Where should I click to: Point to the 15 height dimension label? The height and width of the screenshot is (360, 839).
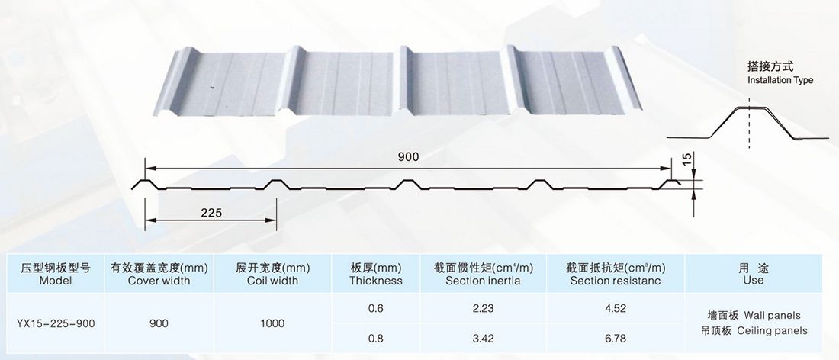[x=686, y=160]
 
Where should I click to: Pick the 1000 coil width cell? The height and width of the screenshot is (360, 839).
[x=272, y=323]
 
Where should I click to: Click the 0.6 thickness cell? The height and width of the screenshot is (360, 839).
[x=375, y=308]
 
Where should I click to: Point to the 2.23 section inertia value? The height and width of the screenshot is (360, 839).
[x=484, y=308]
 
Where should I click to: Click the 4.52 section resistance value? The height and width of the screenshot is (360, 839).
[x=616, y=308]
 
